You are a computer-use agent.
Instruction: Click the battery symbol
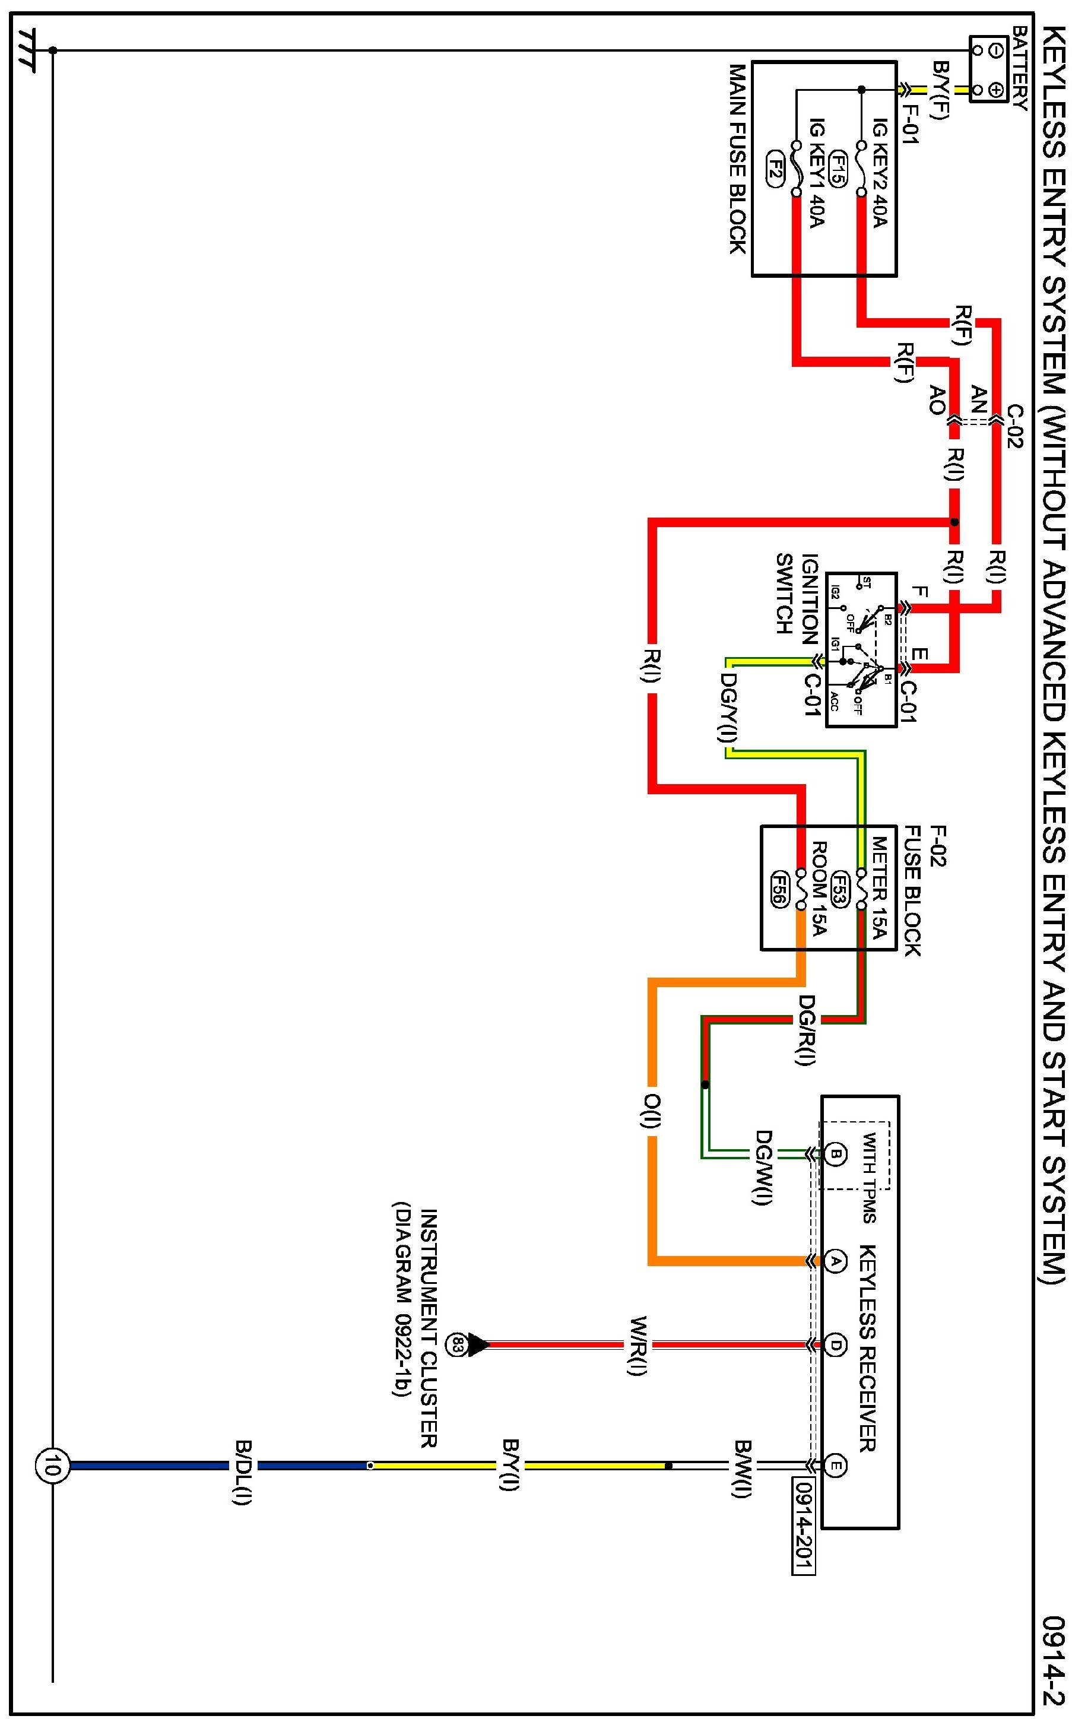(988, 69)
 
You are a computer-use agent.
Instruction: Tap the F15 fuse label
(838, 169)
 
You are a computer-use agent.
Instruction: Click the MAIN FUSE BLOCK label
(738, 159)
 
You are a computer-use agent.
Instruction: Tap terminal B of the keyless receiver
(835, 1154)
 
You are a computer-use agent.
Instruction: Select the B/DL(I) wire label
(243, 1465)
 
